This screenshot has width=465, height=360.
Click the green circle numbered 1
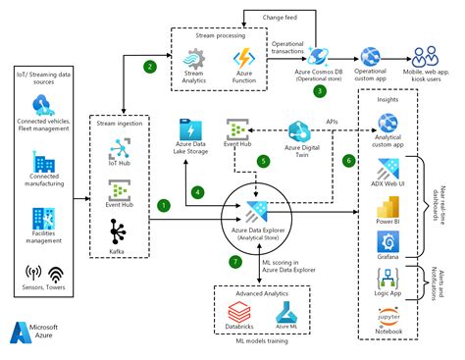click(x=163, y=205)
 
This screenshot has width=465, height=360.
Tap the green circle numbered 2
click(x=149, y=67)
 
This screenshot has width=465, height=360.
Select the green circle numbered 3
click(x=319, y=92)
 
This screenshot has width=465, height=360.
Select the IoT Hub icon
click(x=120, y=146)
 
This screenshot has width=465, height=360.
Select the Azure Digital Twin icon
click(x=300, y=130)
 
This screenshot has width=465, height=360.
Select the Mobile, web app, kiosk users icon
click(x=425, y=57)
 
